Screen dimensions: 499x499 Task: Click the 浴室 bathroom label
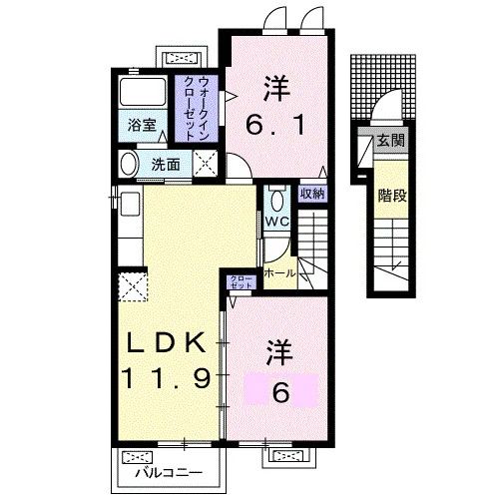(142, 126)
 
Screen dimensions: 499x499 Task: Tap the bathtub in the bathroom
(143, 92)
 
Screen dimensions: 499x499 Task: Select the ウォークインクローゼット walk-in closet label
(197, 109)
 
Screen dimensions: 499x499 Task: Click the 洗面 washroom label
(166, 165)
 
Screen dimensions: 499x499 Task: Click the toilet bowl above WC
(276, 201)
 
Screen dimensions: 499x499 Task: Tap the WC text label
(277, 222)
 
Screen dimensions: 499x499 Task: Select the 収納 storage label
(312, 194)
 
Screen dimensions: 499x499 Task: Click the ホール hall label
(279, 273)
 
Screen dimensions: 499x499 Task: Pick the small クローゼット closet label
(242, 282)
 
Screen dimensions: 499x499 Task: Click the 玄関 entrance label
(391, 141)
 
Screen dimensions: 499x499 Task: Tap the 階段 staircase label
(392, 196)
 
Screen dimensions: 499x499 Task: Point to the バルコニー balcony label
(169, 473)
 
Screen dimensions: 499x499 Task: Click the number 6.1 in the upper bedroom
(275, 126)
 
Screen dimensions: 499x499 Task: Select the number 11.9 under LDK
(167, 378)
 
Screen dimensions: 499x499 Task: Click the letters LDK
(167, 342)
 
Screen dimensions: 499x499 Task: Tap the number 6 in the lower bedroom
(280, 392)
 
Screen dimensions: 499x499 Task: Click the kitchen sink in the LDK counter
(130, 204)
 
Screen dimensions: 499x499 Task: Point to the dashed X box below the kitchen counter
(133, 286)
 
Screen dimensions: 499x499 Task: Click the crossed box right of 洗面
(205, 164)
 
